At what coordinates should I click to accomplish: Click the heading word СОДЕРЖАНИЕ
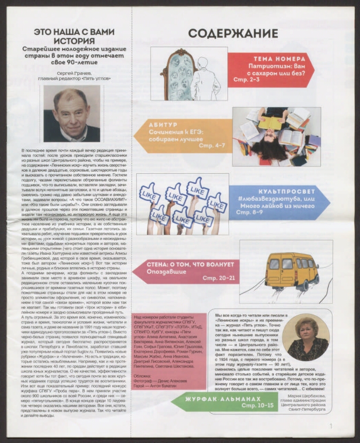click(233, 33)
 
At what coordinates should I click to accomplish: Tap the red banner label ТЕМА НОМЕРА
click(277, 59)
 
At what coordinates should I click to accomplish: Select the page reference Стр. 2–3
click(246, 80)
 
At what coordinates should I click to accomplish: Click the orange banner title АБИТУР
click(163, 125)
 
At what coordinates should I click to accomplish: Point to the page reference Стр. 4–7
click(211, 145)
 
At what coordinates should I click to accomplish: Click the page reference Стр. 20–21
click(219, 278)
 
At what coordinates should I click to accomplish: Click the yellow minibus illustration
click(292, 270)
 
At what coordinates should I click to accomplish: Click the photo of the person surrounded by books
click(276, 136)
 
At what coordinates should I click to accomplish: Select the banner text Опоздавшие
click(164, 271)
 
